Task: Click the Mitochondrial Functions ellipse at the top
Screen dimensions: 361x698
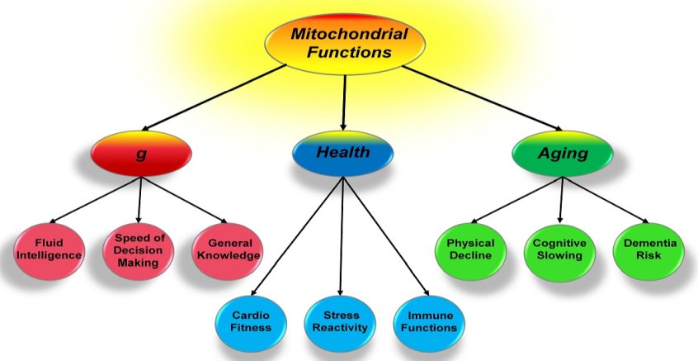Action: tap(345, 43)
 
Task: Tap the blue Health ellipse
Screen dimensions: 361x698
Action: tap(343, 154)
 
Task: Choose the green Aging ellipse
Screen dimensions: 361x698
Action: tap(563, 154)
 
